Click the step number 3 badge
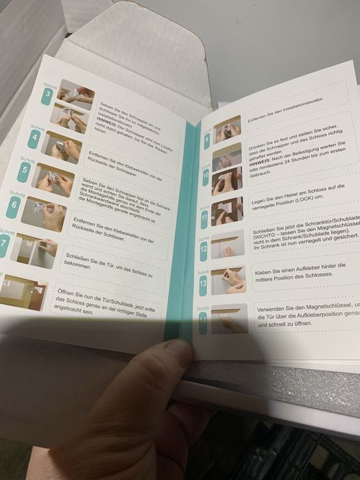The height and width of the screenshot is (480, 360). tap(47, 95)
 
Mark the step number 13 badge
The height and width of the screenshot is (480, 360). tap(204, 283)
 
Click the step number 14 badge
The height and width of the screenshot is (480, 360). tap(204, 320)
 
